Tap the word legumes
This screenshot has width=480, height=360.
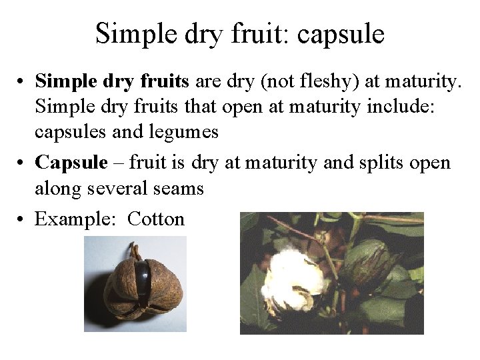click(185, 132)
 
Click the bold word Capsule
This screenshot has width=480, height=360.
click(71, 162)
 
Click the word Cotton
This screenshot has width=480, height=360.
click(155, 219)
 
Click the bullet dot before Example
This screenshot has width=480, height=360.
click(22, 219)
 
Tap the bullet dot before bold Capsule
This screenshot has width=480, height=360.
click(22, 163)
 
